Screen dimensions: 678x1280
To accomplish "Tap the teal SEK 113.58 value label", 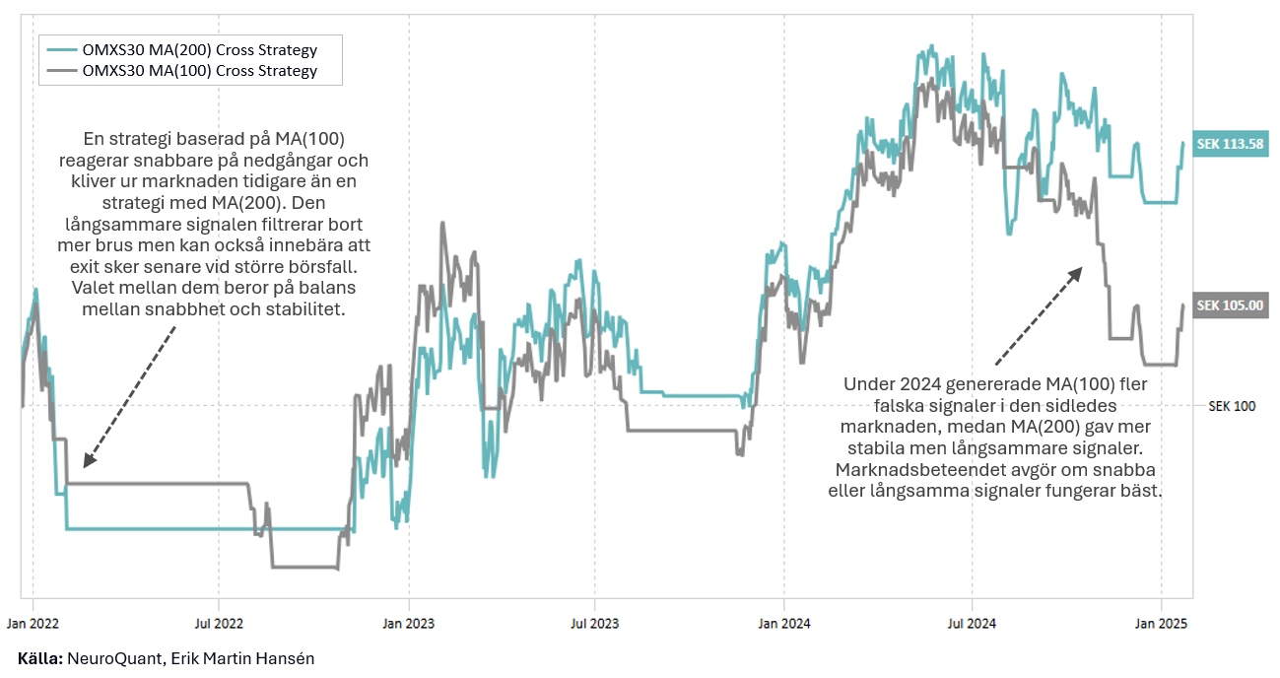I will (x=1229, y=145).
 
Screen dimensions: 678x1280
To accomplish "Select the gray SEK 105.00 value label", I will (x=1229, y=305).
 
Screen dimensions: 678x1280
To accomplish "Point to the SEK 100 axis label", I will (x=1231, y=406).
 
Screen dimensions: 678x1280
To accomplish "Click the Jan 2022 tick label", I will (x=33, y=623).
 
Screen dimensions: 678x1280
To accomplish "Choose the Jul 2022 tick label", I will (x=219, y=623).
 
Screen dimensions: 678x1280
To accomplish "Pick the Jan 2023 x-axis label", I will (x=408, y=623).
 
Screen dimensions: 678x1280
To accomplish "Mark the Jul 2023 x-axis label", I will (x=594, y=623).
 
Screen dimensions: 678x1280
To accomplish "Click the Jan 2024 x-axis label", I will (x=783, y=623).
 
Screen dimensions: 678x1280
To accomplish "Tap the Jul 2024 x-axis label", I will (x=972, y=623).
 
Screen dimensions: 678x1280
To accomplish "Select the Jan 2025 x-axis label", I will (x=1161, y=623).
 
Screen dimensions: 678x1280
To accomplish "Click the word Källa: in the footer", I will (x=40, y=658).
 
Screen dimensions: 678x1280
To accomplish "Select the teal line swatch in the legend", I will (x=61, y=48).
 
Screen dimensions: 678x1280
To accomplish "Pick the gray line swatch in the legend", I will (x=61, y=70).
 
